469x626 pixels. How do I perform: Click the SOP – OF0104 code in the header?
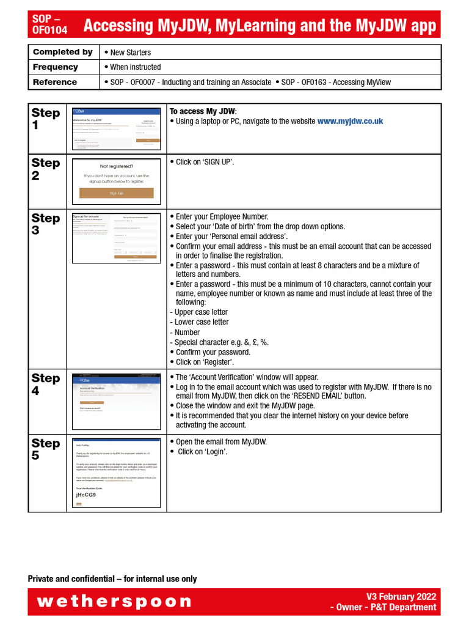(50, 24)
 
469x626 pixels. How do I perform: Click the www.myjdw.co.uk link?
(350, 122)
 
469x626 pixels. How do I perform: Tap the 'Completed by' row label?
(63, 52)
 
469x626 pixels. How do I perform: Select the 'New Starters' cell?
(130, 53)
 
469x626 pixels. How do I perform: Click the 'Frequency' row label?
(56, 67)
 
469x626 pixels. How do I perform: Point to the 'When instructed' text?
(135, 67)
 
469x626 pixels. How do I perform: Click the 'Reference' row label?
(55, 82)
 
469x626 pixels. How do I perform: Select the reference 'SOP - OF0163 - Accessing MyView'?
(336, 82)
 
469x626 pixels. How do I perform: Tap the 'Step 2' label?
(46, 169)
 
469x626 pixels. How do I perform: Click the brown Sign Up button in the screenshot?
(116, 193)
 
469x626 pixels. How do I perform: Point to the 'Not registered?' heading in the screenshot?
(116, 166)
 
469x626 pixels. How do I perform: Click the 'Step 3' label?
(46, 224)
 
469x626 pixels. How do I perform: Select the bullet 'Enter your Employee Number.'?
(222, 216)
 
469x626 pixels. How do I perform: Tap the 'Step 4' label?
(46, 384)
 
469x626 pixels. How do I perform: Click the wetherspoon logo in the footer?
(114, 602)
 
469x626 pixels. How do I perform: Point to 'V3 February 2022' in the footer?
(401, 597)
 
